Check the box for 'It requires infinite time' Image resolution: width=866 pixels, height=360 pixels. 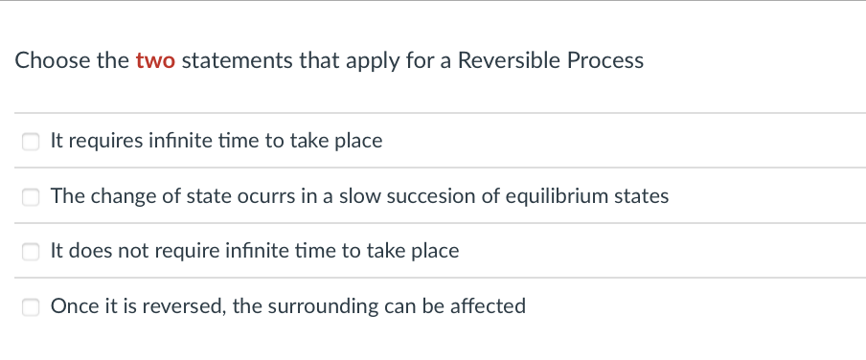(31, 142)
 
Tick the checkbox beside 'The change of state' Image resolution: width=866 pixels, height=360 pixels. (31, 197)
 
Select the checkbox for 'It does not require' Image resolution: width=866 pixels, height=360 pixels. (31, 252)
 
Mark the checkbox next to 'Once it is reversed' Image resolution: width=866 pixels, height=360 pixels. (31, 307)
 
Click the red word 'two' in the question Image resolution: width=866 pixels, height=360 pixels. (155, 61)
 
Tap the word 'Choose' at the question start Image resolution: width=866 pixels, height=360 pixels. (53, 61)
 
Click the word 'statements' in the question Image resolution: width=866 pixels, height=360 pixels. (224, 61)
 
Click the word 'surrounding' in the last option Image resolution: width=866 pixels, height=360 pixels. (318, 306)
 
